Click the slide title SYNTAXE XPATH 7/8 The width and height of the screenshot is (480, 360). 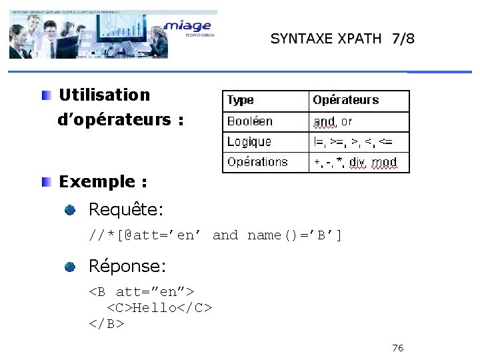tap(342, 39)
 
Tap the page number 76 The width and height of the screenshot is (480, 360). tap(398, 348)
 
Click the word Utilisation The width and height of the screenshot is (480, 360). tap(105, 95)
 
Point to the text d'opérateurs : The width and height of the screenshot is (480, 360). tap(121, 120)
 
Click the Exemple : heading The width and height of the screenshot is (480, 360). tap(103, 181)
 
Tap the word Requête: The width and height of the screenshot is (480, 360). tap(126, 210)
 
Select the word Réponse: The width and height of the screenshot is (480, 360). tap(127, 267)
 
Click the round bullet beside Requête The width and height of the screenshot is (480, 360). tap(71, 211)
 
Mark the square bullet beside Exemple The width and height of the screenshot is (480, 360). tap(45, 181)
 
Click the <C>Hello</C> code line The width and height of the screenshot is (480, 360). tap(160, 307)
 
